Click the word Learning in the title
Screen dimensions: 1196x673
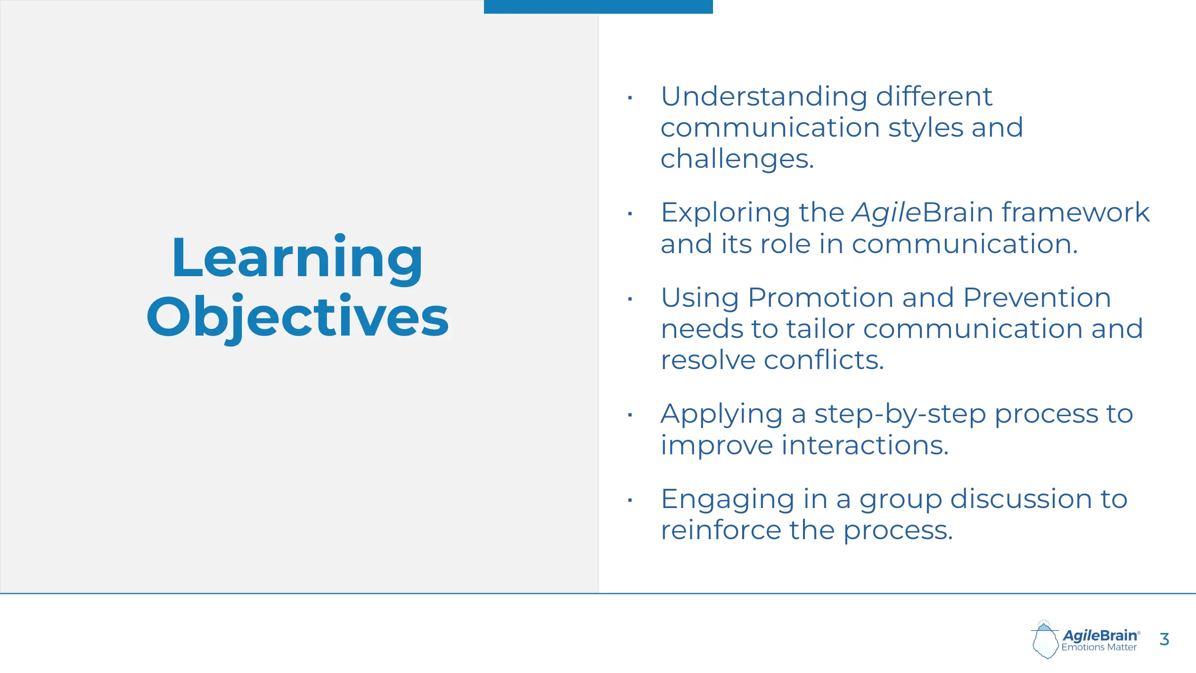tap(297, 260)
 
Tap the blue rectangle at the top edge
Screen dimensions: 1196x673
tap(598, 7)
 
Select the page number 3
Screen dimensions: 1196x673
tap(1164, 639)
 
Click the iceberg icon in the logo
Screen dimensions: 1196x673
tap(1045, 640)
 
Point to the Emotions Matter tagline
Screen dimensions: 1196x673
tap(1099, 648)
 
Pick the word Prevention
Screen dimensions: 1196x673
tap(1037, 298)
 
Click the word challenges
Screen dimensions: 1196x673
tap(737, 159)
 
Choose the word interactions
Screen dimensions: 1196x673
tap(865, 445)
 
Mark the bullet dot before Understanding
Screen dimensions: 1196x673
tap(630, 98)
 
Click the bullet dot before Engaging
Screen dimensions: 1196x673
tap(630, 501)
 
